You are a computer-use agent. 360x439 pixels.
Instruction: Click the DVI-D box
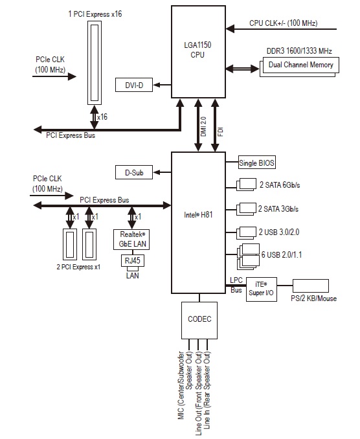point(134,85)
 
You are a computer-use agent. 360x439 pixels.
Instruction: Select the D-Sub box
point(134,172)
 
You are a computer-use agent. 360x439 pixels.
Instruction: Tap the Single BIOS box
point(256,163)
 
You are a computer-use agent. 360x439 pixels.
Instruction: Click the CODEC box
point(199,321)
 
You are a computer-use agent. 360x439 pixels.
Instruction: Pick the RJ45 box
point(133,261)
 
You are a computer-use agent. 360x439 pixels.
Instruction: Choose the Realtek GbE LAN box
point(131,240)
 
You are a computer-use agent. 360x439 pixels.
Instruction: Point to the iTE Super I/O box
point(262,289)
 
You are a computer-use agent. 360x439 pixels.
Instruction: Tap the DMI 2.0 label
point(203,126)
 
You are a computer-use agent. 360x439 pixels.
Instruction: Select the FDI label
point(221,132)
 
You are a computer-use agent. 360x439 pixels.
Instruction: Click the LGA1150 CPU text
point(197,50)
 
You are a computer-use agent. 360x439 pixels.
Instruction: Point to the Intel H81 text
point(198,215)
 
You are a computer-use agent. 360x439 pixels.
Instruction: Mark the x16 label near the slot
point(102,117)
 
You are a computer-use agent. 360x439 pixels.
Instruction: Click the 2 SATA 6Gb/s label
point(280,185)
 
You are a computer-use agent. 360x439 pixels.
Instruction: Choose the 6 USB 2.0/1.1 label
point(282,254)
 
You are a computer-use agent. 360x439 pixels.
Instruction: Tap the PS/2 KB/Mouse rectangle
point(311,286)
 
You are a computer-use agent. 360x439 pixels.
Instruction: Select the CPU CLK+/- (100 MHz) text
point(284,23)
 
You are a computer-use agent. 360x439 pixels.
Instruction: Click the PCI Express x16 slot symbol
point(95,63)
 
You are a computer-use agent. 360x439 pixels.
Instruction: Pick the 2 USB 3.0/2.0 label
point(279,232)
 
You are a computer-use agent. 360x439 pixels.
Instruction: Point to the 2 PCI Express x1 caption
point(78,267)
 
